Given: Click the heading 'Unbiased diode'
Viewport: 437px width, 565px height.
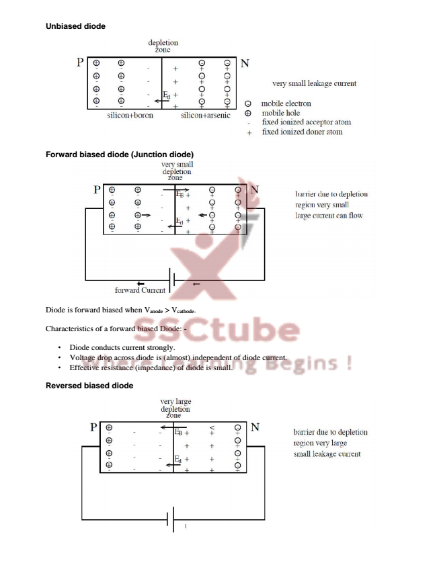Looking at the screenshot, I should pos(75,26).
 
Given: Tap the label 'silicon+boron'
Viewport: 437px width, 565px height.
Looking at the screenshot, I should pos(130,116).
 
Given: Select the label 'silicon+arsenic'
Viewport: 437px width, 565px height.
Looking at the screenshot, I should pos(205,116).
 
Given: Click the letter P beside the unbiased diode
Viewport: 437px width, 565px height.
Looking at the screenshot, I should pos(80,63).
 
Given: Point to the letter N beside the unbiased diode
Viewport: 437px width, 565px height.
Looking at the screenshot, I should pos(245,64).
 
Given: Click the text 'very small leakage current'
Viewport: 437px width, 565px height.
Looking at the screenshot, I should pos(314,84).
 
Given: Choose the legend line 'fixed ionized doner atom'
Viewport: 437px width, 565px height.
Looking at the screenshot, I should pos(302,132).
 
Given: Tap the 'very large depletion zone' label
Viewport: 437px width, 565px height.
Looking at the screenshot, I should pos(175,408).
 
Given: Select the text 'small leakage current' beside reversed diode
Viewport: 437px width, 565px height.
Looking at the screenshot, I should pos(327,453).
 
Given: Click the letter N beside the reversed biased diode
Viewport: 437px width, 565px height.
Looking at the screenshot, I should pos(255,427).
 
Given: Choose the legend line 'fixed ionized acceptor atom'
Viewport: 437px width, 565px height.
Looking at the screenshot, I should pos(306,122).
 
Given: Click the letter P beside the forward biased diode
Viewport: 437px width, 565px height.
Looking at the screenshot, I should pos(97,190).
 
